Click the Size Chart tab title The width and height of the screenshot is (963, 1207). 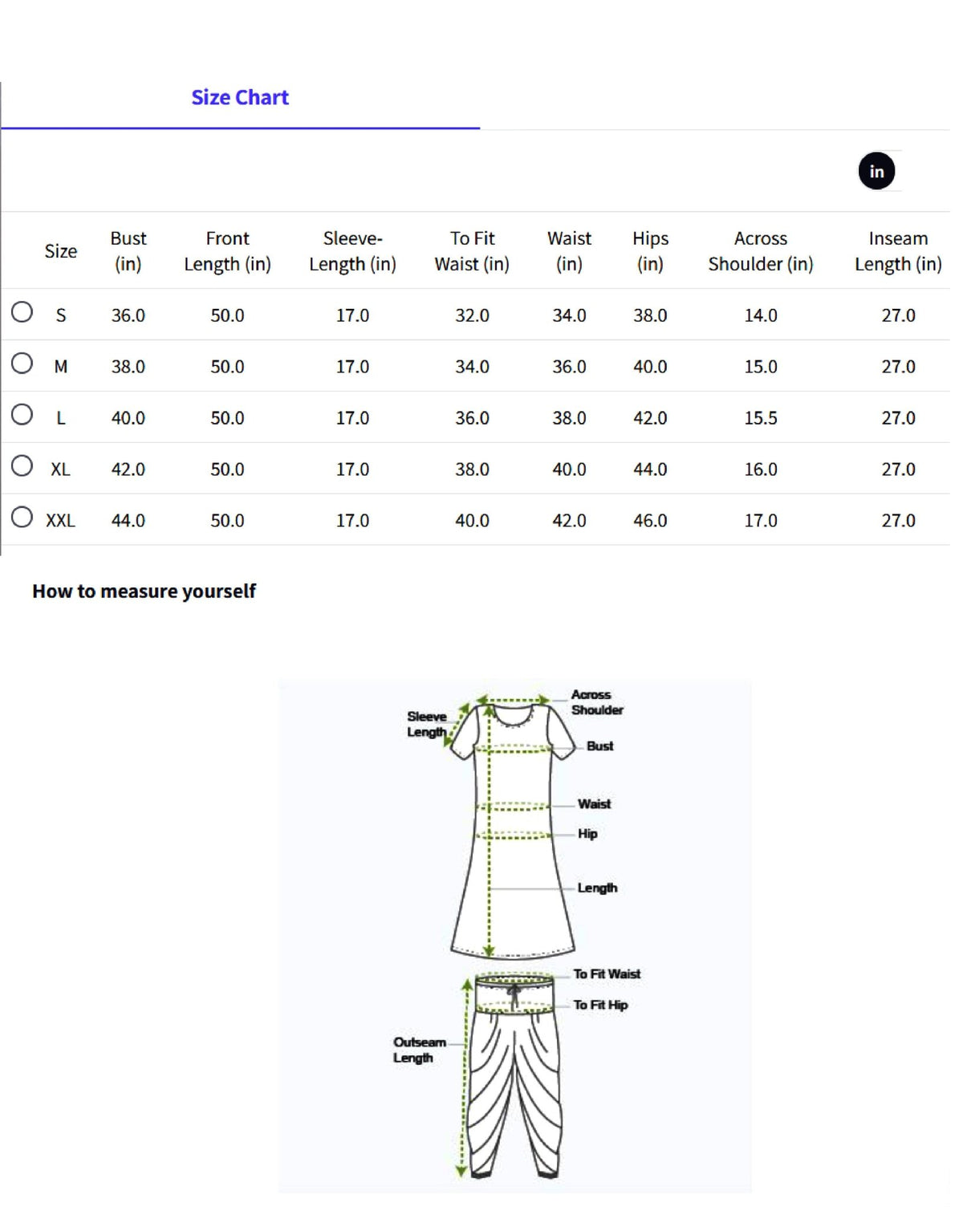239,98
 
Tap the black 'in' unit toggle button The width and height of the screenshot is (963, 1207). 876,171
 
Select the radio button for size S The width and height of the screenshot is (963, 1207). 22,312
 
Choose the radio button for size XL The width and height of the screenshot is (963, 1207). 22,466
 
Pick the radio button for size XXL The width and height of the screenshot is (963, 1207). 22,518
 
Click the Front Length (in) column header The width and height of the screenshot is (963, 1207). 227,251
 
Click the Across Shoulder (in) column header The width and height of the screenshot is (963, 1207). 760,251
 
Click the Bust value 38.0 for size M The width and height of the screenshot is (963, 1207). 128,367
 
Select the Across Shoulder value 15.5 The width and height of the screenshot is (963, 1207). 760,418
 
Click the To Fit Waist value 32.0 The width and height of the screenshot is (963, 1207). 472,315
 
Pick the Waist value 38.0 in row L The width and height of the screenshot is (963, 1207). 569,418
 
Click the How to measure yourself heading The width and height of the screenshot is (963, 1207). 144,591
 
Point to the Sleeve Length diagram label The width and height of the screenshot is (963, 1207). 426,724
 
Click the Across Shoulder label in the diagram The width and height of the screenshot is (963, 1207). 596,702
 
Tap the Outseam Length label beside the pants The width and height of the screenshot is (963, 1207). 418,1050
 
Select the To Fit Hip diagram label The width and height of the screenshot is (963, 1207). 600,1005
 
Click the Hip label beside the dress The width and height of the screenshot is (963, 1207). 587,834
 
